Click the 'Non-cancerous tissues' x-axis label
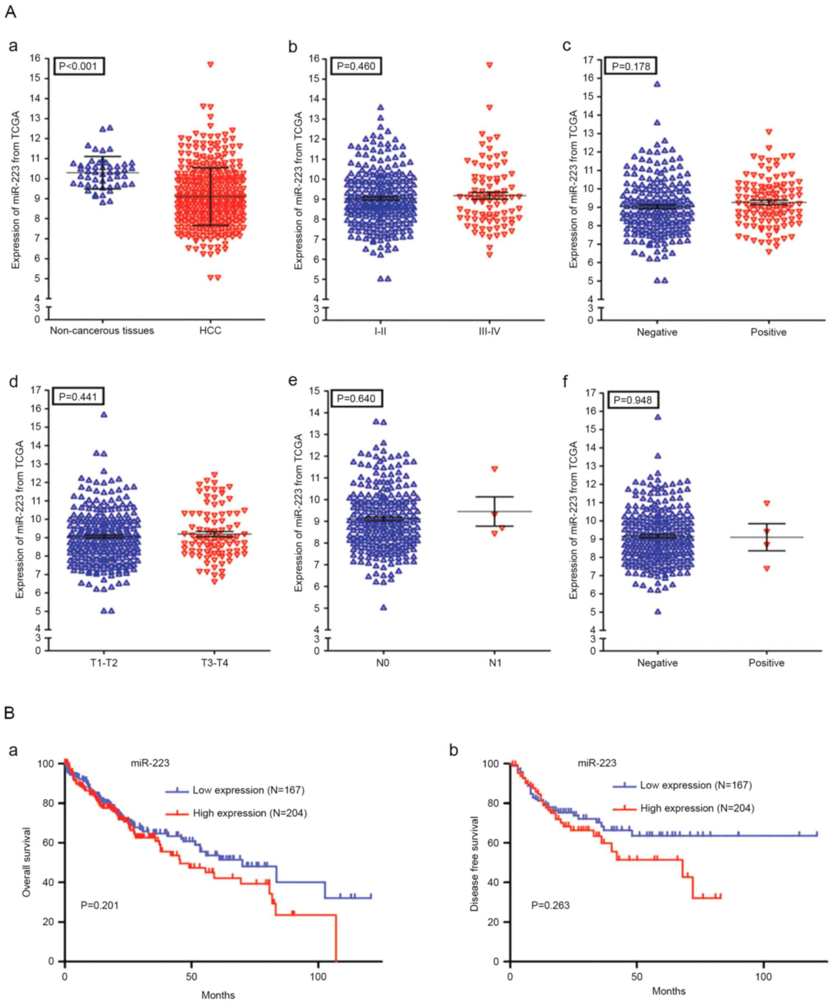[x=102, y=330]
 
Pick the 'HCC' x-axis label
[x=211, y=330]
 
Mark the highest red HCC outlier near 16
[x=210, y=64]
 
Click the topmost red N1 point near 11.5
[x=494, y=469]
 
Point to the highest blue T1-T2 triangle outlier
[x=104, y=415]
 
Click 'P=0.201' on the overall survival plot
[x=99, y=905]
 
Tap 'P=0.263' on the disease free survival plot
[x=550, y=905]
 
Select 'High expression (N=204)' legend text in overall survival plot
[x=250, y=813]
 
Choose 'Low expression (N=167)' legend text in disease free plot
[x=696, y=785]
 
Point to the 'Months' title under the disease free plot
[x=669, y=990]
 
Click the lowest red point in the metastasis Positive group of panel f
[x=767, y=568]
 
